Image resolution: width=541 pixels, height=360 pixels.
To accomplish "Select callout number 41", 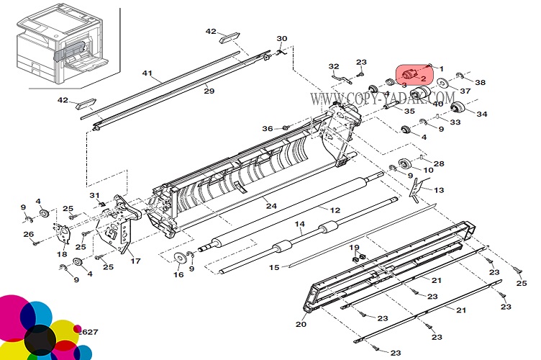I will tap(147, 73).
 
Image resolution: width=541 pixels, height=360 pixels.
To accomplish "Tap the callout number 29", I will tap(209, 91).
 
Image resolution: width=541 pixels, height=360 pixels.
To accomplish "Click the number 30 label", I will tap(282, 39).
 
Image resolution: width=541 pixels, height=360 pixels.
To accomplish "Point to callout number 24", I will tap(270, 206).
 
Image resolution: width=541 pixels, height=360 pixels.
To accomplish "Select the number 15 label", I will tap(274, 268).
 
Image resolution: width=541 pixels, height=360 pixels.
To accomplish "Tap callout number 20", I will tap(301, 324).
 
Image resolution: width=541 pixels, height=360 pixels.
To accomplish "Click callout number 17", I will tap(135, 261).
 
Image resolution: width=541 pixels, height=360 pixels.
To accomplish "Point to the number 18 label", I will tap(62, 254).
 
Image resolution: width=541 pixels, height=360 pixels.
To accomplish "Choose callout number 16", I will tap(178, 274).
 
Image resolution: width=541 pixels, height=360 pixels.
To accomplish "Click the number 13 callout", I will tap(439, 190).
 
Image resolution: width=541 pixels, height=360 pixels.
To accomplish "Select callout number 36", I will tap(268, 129).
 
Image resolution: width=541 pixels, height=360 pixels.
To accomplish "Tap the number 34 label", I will tap(481, 114).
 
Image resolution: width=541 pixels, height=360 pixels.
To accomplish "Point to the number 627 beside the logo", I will tap(90, 332).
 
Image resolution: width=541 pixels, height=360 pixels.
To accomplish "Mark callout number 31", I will tap(94, 195).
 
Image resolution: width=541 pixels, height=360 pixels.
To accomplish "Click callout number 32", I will tap(334, 66).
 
